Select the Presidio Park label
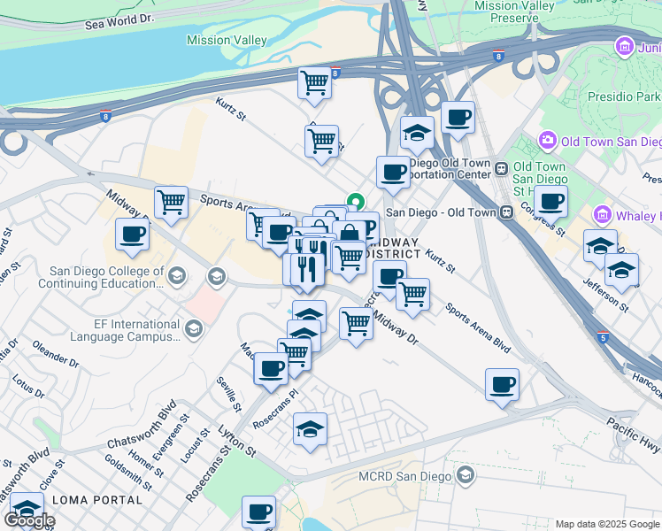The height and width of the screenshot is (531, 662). point(623,96)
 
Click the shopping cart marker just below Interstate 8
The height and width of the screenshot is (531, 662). point(314,84)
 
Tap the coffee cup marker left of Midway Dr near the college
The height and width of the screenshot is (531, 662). point(132,235)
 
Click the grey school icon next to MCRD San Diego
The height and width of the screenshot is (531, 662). point(465,476)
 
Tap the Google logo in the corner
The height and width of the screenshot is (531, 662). point(29,520)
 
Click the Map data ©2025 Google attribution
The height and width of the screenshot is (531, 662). point(607,524)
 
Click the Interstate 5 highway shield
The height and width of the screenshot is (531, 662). point(602,337)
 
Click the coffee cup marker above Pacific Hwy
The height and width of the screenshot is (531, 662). point(502,385)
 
